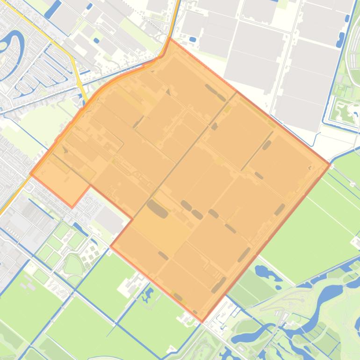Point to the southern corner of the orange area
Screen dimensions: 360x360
tap(202, 321)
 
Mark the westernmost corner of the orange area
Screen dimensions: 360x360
tap(31, 174)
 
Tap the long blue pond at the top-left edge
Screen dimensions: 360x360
tap(53, 7)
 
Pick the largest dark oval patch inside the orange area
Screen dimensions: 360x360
tap(157, 209)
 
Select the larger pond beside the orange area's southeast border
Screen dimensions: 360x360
tap(265, 271)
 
